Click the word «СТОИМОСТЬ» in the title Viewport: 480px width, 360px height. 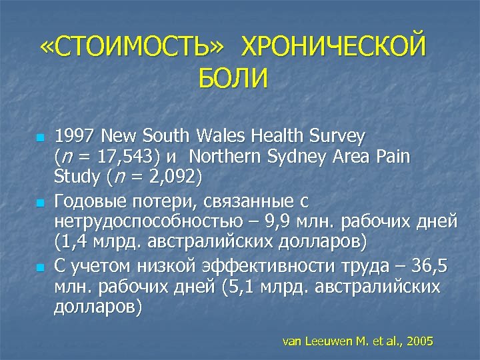click(x=131, y=48)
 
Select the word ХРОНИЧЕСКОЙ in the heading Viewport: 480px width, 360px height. click(x=332, y=48)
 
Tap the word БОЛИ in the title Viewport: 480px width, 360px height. click(x=233, y=79)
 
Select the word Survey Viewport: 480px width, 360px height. click(x=337, y=137)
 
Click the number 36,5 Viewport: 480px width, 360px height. click(x=430, y=267)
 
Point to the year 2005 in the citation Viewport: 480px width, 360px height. click(x=421, y=341)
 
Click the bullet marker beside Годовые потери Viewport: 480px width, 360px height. click(x=40, y=201)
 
